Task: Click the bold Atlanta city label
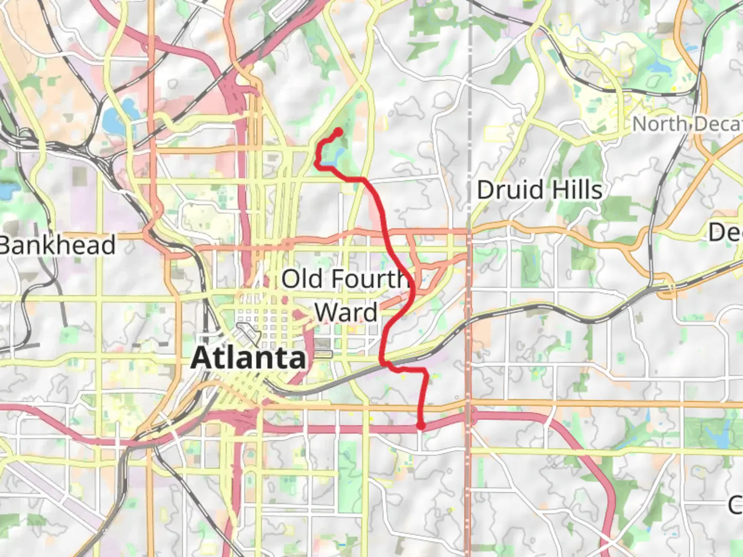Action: point(249,358)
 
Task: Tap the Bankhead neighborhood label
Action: point(57,245)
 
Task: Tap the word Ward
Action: point(346,313)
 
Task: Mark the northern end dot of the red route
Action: point(338,132)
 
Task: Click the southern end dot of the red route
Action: point(421,425)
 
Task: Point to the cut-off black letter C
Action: point(736,504)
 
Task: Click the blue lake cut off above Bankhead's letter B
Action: point(6,191)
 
